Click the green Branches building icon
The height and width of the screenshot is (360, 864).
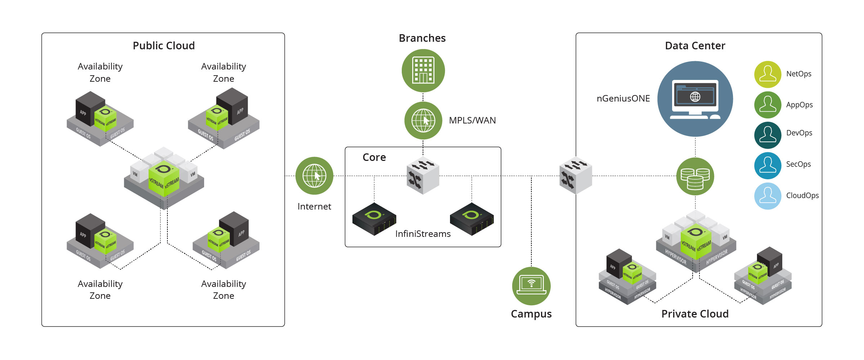click(423, 71)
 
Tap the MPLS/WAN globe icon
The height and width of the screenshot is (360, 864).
click(423, 121)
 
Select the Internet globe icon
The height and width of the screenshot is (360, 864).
click(314, 176)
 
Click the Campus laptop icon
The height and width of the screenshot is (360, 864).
click(531, 286)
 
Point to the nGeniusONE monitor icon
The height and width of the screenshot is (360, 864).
click(695, 99)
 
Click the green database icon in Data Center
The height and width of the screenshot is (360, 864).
click(695, 176)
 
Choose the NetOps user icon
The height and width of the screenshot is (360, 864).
click(768, 74)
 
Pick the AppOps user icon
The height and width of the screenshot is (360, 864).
click(768, 105)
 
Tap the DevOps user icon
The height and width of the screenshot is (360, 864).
click(768, 135)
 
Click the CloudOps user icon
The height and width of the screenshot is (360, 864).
click(768, 196)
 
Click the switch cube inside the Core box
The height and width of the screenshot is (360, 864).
click(423, 176)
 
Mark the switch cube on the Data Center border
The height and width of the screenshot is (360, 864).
click(576, 176)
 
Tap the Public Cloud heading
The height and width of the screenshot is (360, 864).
click(164, 46)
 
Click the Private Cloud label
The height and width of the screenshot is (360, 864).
click(695, 314)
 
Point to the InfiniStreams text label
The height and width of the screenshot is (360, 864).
click(423, 234)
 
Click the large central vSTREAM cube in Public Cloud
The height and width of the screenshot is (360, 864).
click(164, 179)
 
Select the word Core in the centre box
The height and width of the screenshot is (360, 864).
click(374, 157)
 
